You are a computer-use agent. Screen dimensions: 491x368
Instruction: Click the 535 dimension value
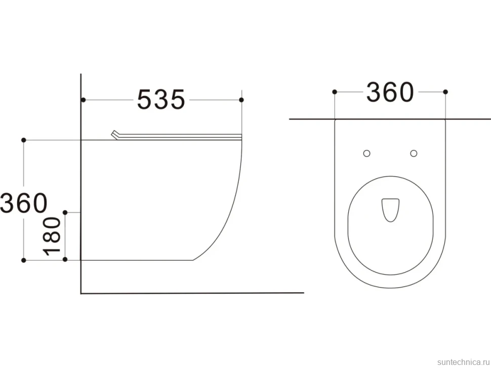click(161, 100)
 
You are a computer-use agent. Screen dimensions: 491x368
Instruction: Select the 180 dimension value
click(52, 236)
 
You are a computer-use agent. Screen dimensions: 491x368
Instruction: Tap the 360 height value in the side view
click(24, 203)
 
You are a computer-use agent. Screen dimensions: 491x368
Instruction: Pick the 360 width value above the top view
click(390, 92)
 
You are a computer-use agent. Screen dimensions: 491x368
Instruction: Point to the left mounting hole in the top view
click(366, 153)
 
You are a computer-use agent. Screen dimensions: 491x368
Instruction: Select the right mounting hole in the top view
click(414, 153)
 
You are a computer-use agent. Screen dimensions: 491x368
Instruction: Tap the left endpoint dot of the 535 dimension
click(84, 100)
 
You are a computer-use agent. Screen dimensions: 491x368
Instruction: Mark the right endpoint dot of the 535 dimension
click(241, 100)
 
